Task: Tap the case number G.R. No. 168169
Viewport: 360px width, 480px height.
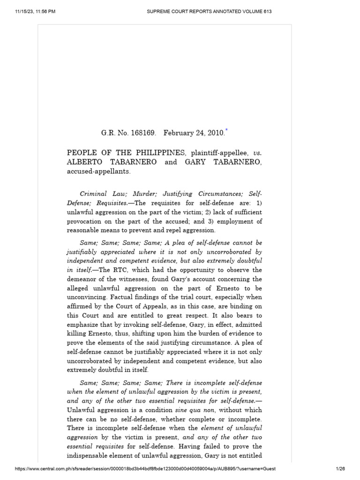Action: (128, 133)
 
